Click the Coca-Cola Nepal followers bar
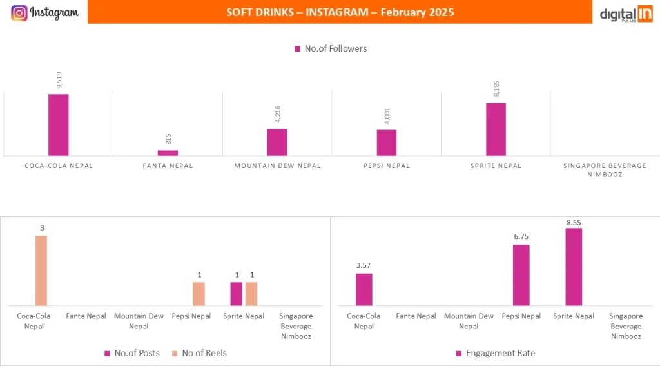58,124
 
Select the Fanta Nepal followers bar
168,153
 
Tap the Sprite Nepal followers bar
496,129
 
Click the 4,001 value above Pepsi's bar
387,117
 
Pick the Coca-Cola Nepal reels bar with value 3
41,271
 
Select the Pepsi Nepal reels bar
199,294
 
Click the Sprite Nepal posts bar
237,294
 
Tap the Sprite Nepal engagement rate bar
574,267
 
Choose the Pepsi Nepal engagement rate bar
521,275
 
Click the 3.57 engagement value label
364,265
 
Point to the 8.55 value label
574,222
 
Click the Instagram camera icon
19,13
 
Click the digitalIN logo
626,14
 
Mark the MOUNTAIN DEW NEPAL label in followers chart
277,166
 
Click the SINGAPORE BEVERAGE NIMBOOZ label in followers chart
605,170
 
